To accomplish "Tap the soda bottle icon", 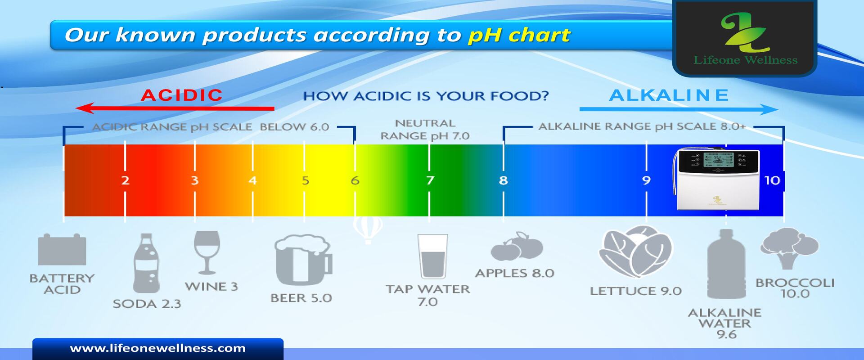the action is (x=147, y=263).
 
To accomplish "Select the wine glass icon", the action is (x=207, y=252).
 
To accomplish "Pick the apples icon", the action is (x=517, y=247).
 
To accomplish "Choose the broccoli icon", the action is (x=789, y=248).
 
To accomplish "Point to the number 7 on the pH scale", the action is (x=430, y=180).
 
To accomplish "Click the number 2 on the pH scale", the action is (x=125, y=180).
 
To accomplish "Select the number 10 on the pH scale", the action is (x=772, y=180).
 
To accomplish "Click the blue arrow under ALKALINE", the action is (x=679, y=109).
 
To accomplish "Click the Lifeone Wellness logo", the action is (x=745, y=39).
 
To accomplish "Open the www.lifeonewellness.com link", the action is (x=158, y=348).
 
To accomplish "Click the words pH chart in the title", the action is (x=519, y=35).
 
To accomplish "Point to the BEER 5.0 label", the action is (x=301, y=298).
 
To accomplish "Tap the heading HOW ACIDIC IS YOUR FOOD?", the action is (x=426, y=96).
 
